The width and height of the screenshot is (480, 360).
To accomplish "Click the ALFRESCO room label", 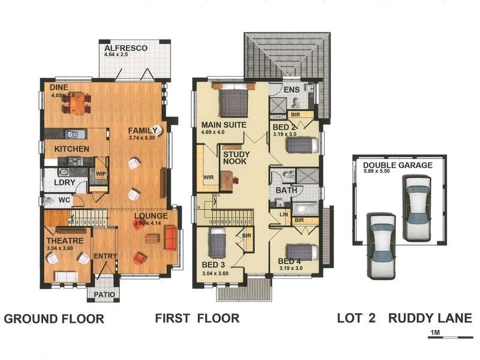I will click(x=125, y=48).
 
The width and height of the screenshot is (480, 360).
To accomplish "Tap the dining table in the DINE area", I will click(x=76, y=105).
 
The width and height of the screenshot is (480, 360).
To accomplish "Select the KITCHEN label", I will click(x=72, y=149).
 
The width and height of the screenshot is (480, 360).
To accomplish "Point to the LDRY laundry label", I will click(x=65, y=181).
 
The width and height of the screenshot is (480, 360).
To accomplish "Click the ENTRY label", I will click(x=106, y=256).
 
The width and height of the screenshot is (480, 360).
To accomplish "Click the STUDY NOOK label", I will click(x=236, y=158).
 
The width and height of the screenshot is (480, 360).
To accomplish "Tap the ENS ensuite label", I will click(x=292, y=91).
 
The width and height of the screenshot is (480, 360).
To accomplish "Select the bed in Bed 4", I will click(x=302, y=251).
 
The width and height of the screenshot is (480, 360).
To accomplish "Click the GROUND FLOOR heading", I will click(x=54, y=319).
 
